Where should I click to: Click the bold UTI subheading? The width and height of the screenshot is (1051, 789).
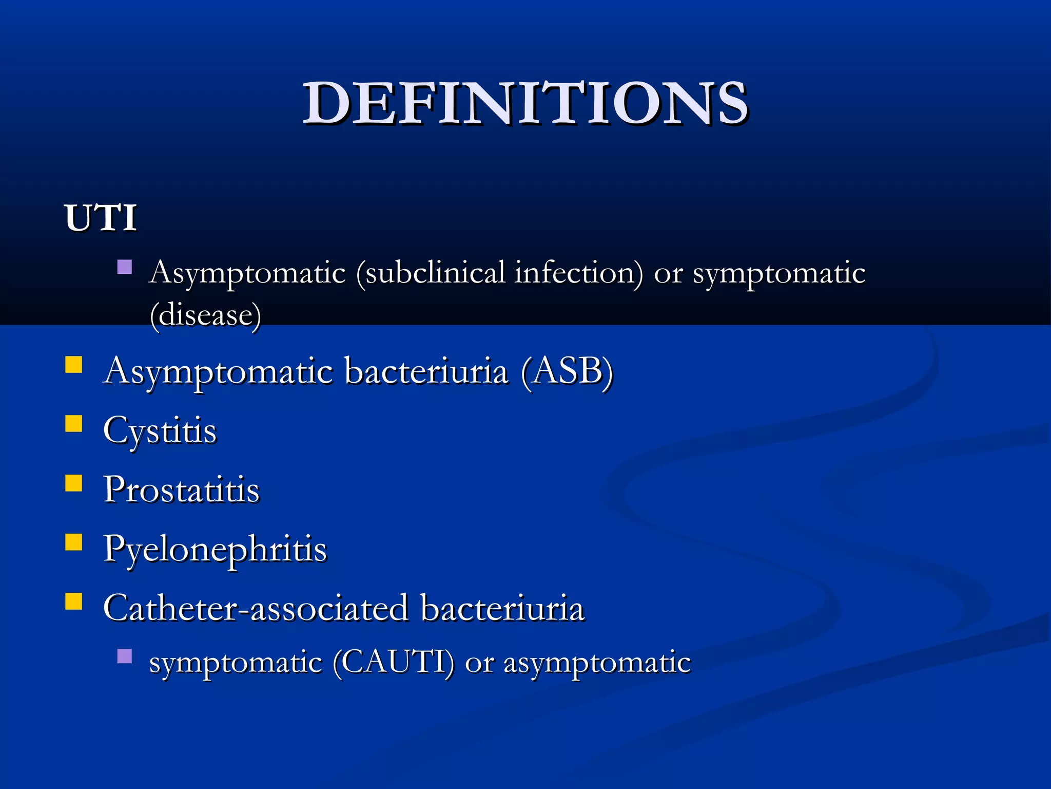click(x=101, y=218)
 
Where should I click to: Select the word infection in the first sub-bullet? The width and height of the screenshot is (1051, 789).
click(x=578, y=273)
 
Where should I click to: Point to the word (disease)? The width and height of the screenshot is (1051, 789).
click(x=205, y=315)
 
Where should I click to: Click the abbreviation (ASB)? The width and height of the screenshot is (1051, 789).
click(x=567, y=371)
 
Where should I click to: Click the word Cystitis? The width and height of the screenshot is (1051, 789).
click(x=160, y=430)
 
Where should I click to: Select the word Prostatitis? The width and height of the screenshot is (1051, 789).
click(x=181, y=490)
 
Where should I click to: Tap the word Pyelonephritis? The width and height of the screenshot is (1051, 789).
click(x=215, y=549)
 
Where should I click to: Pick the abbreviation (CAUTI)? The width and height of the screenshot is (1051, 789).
click(x=393, y=662)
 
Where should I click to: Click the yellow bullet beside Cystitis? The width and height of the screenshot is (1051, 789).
click(x=74, y=424)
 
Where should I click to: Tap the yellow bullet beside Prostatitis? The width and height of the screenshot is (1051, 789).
click(x=74, y=483)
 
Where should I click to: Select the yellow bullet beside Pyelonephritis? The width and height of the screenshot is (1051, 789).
click(x=74, y=542)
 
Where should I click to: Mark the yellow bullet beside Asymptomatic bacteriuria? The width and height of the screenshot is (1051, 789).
click(x=74, y=365)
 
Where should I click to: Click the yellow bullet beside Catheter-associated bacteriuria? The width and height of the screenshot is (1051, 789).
click(x=74, y=602)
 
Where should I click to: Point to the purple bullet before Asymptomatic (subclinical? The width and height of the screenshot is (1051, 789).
click(x=125, y=267)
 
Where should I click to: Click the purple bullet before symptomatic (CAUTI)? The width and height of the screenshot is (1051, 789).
click(x=125, y=656)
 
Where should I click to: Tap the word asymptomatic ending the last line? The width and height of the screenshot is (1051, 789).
click(x=597, y=663)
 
